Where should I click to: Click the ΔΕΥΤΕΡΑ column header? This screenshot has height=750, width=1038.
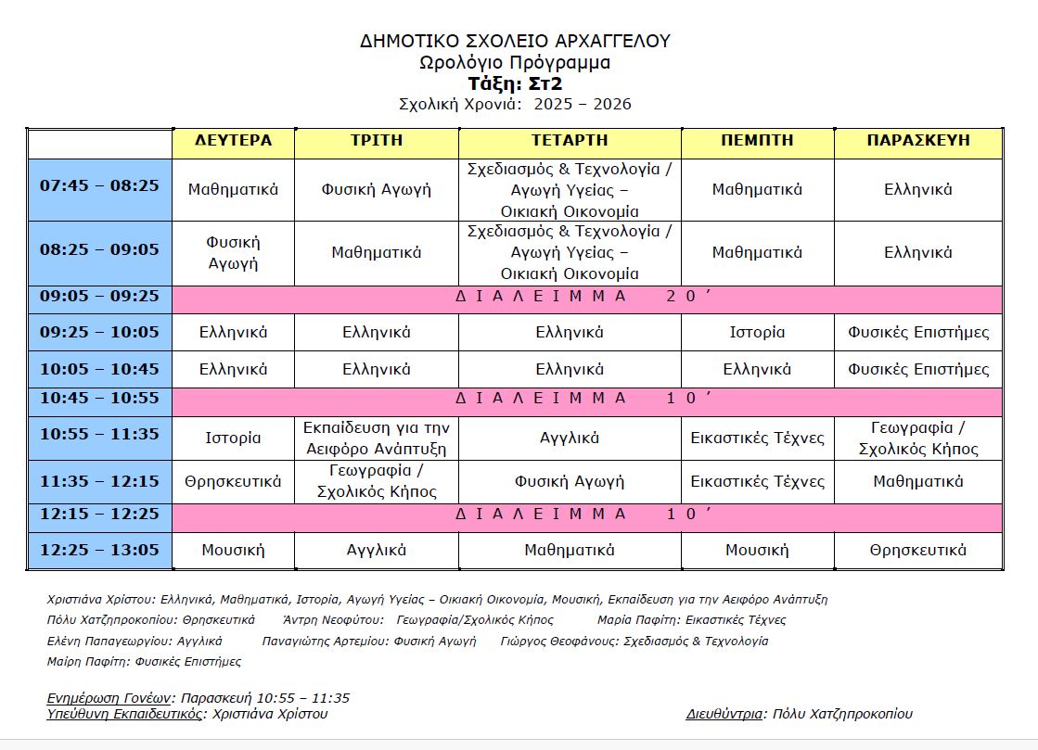[x=233, y=141]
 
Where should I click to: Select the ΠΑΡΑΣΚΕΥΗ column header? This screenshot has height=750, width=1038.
[x=917, y=141]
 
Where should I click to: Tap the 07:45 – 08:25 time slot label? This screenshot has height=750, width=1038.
[x=99, y=185]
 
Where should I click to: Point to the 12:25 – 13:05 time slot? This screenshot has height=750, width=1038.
[x=99, y=550]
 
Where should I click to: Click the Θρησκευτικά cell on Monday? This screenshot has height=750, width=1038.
[x=233, y=481]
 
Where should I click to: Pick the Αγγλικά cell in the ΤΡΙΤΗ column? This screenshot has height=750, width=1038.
[x=376, y=550]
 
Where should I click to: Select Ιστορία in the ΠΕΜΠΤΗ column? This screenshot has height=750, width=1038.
[x=757, y=332]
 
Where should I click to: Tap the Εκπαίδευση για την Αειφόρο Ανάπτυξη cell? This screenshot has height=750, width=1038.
[x=376, y=439]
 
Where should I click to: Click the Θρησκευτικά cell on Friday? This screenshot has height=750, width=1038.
[x=917, y=550]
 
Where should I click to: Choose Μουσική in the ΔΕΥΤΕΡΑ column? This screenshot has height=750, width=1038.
[x=233, y=550]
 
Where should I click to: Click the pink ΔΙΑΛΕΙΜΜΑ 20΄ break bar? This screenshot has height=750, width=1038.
[x=586, y=298]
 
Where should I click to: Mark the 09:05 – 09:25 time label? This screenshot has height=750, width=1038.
[x=99, y=297]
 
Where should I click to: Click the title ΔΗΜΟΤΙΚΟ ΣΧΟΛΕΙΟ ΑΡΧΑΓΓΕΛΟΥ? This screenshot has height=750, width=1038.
[x=515, y=41]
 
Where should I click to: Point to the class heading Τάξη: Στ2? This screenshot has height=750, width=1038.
[x=515, y=83]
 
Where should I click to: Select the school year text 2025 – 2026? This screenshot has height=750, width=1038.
[x=583, y=104]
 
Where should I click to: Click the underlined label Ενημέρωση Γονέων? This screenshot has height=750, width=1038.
[x=109, y=698]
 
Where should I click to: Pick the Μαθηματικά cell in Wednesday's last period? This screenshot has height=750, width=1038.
[x=569, y=550]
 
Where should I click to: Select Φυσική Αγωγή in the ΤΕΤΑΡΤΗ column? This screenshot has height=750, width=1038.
[x=569, y=481]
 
